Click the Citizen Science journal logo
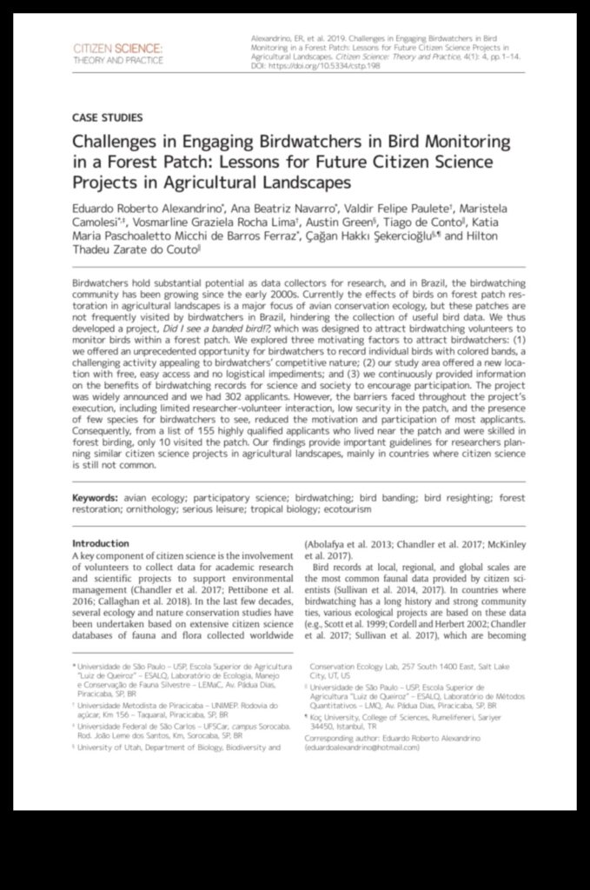(116, 51)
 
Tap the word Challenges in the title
(118, 142)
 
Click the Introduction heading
(100, 543)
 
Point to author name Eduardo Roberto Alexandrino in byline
(146, 209)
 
